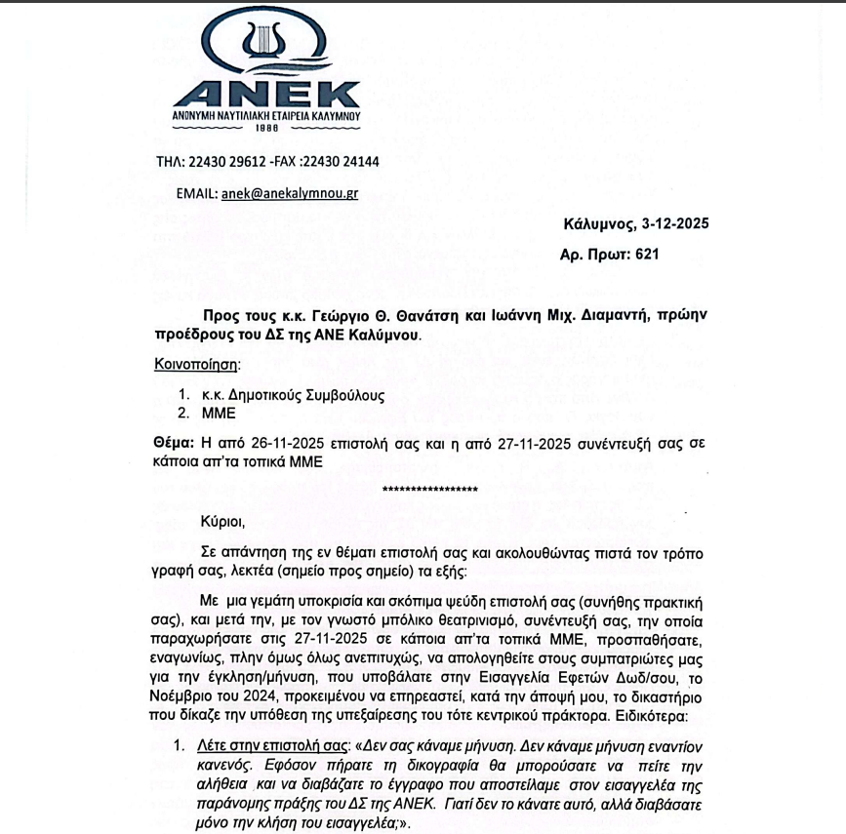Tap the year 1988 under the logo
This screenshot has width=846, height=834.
pos(266,127)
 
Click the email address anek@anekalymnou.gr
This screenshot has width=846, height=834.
pos(290,193)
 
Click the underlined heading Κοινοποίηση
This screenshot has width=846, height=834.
pos(196,364)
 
